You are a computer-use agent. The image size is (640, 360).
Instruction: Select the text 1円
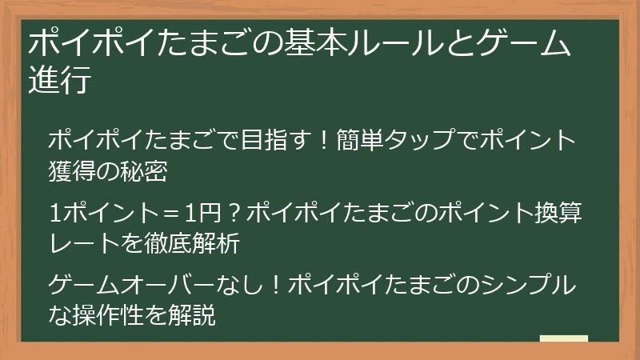coord(196,214)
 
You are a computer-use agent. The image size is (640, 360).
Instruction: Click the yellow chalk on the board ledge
coord(564,338)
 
